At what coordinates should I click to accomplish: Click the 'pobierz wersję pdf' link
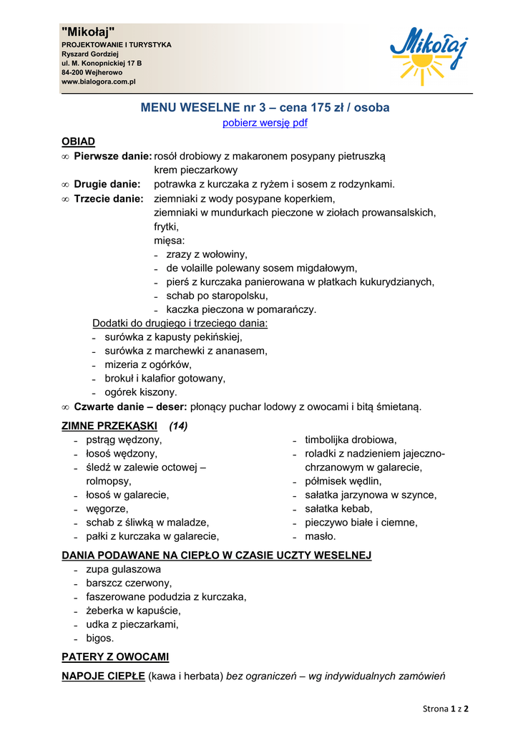pos(265,123)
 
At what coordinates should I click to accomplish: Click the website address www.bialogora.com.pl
pos(99,82)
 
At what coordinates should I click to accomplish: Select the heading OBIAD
pos(79,142)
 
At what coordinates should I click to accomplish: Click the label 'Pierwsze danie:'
pos(113,156)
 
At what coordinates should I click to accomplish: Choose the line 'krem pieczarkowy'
pos(195,170)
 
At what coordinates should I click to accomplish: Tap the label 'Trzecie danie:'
pos(109,198)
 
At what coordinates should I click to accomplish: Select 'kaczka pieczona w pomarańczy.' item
pos(241,310)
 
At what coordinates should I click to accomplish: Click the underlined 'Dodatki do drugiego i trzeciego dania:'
pos(180,324)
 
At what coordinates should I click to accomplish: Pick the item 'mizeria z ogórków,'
pos(148,364)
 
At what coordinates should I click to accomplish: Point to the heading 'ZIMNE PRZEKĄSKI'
pos(109,426)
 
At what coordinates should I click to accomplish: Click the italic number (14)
pos(178,426)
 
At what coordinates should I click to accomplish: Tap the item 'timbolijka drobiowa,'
pos(351,440)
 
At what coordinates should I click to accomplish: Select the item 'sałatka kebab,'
pos(338,508)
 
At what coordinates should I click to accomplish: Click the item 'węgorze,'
pos(107,508)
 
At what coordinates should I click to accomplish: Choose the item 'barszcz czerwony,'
pos(129,583)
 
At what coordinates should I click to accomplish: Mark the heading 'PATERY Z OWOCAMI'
pos(116,656)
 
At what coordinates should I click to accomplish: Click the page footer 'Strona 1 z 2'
pos(445,709)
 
